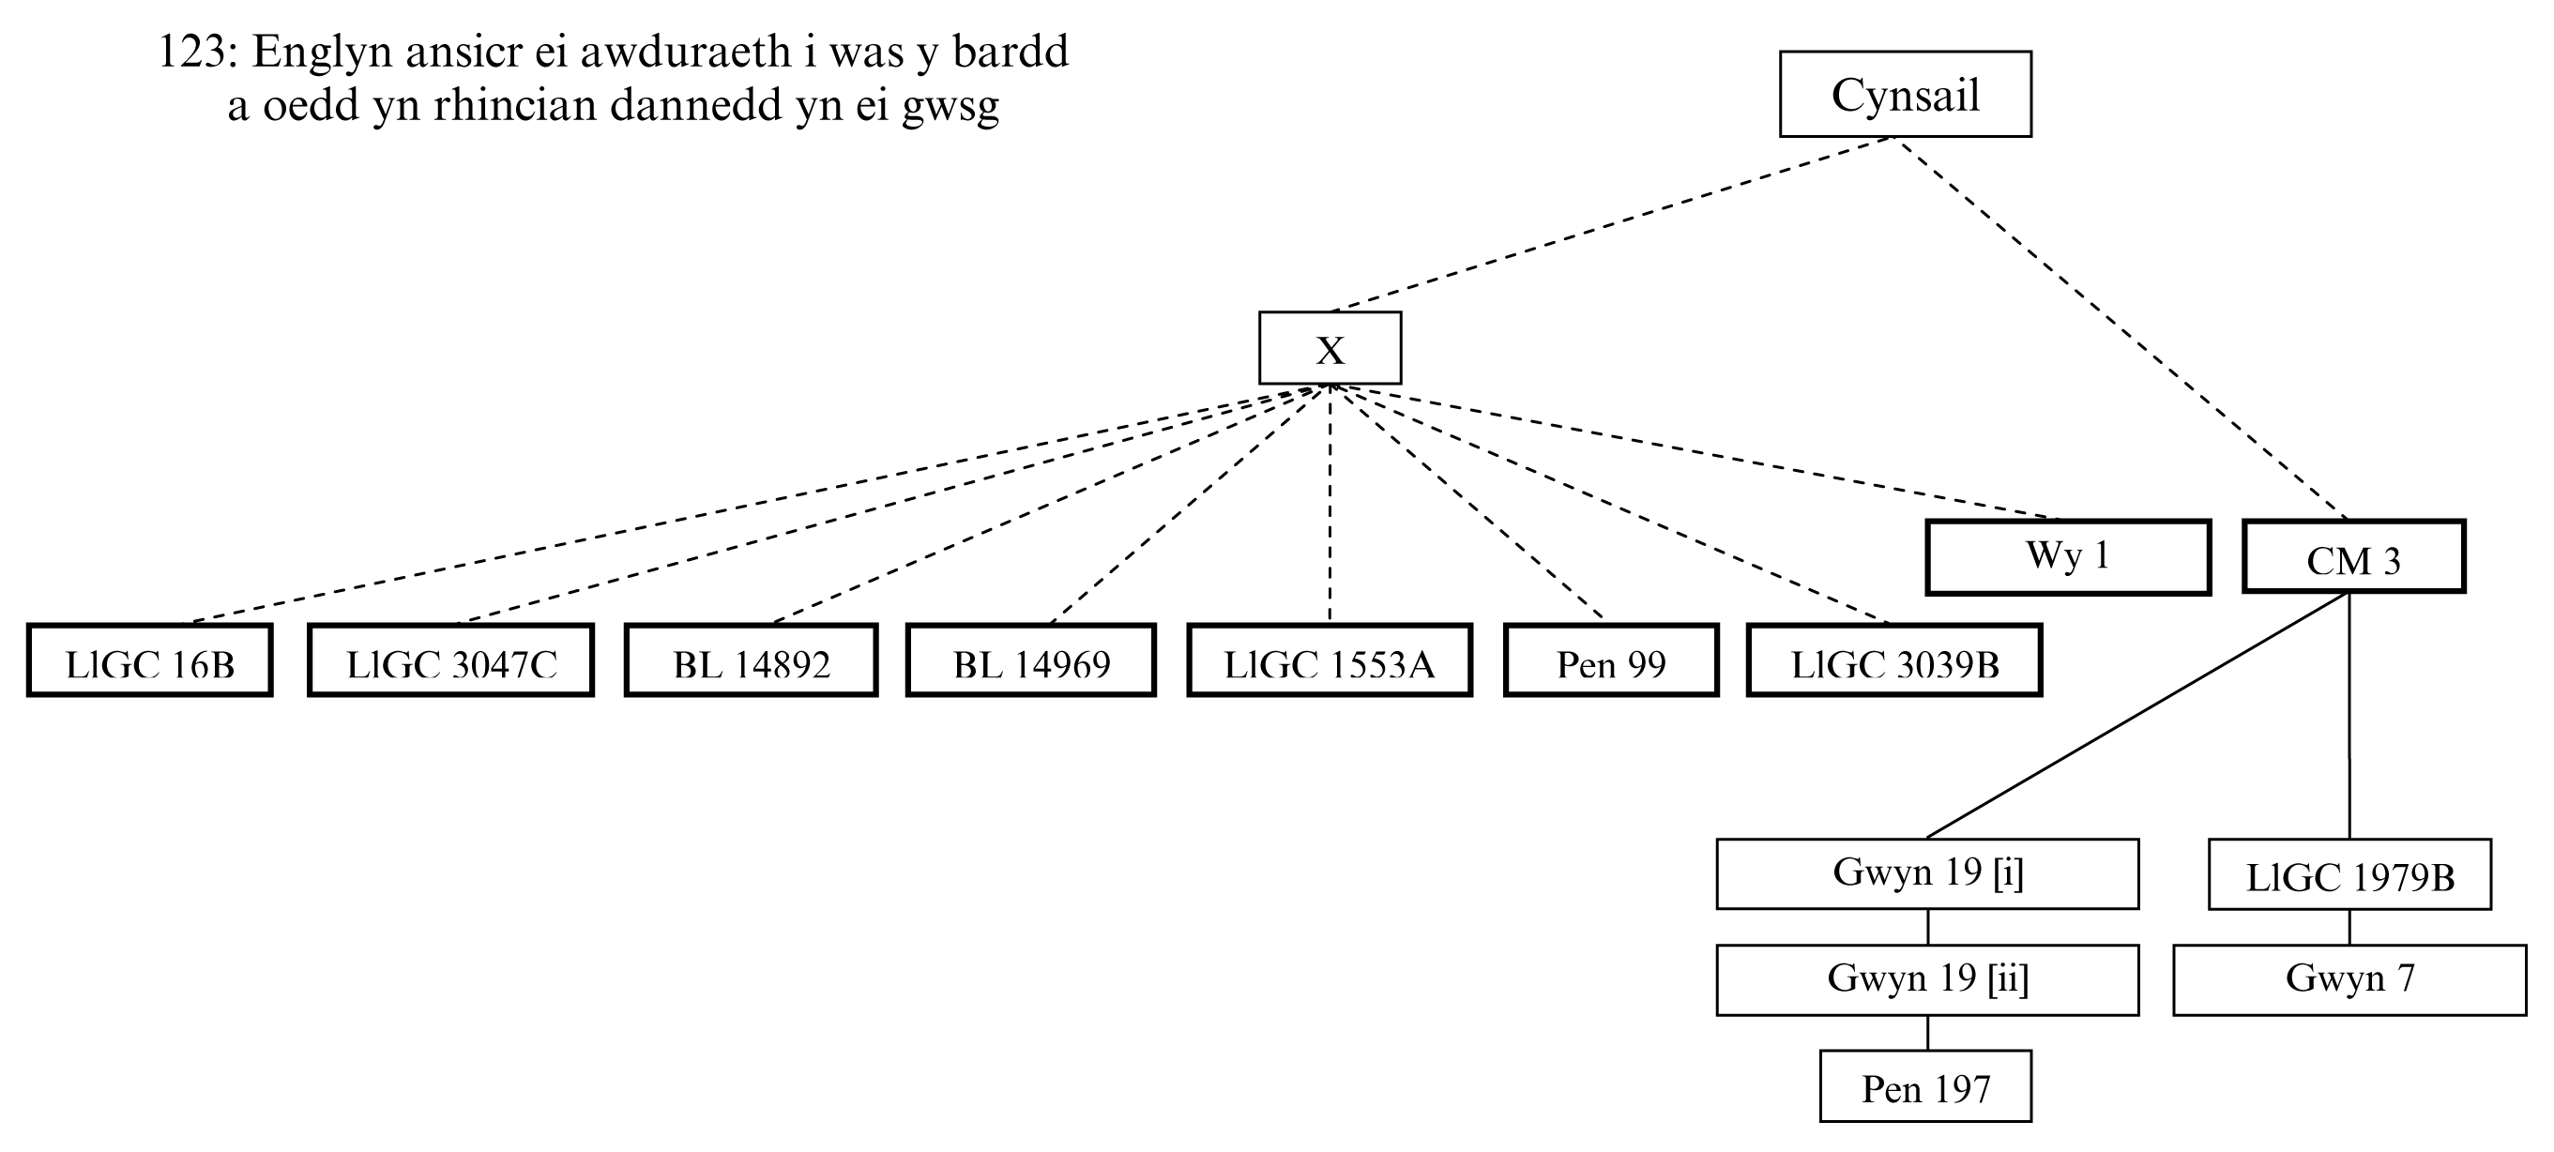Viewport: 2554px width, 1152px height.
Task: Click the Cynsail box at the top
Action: pyautogui.click(x=1905, y=94)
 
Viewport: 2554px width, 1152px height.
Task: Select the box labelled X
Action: pyautogui.click(x=1330, y=348)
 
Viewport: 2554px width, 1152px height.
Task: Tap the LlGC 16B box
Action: pyautogui.click(x=150, y=661)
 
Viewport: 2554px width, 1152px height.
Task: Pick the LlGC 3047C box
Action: pyautogui.click(x=451, y=661)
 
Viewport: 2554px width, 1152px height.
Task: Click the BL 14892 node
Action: pyautogui.click(x=752, y=661)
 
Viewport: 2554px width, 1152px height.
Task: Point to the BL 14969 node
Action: pyautogui.click(x=1031, y=661)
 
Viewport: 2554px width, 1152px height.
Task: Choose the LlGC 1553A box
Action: pyautogui.click(x=1330, y=661)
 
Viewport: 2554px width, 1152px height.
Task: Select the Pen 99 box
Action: pyautogui.click(x=1611, y=661)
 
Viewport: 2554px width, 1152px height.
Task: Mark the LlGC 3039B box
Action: pyautogui.click(x=1894, y=661)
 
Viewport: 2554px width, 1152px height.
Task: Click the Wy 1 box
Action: pyautogui.click(x=2068, y=557)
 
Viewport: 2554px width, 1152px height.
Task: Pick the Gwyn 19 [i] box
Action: pyautogui.click(x=1927, y=873)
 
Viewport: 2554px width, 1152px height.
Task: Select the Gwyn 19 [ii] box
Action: pyautogui.click(x=1927, y=979)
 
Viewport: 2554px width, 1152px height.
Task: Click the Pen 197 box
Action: pyautogui.click(x=1925, y=1086)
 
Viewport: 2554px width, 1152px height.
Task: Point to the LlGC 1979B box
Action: pyautogui.click(x=2349, y=875)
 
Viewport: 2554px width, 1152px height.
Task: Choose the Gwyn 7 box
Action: pyautogui.click(x=2349, y=979)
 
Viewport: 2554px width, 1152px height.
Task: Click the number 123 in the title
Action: pyautogui.click(x=193, y=52)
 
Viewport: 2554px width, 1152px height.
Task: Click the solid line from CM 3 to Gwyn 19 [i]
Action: pyautogui.click(x=2136, y=716)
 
